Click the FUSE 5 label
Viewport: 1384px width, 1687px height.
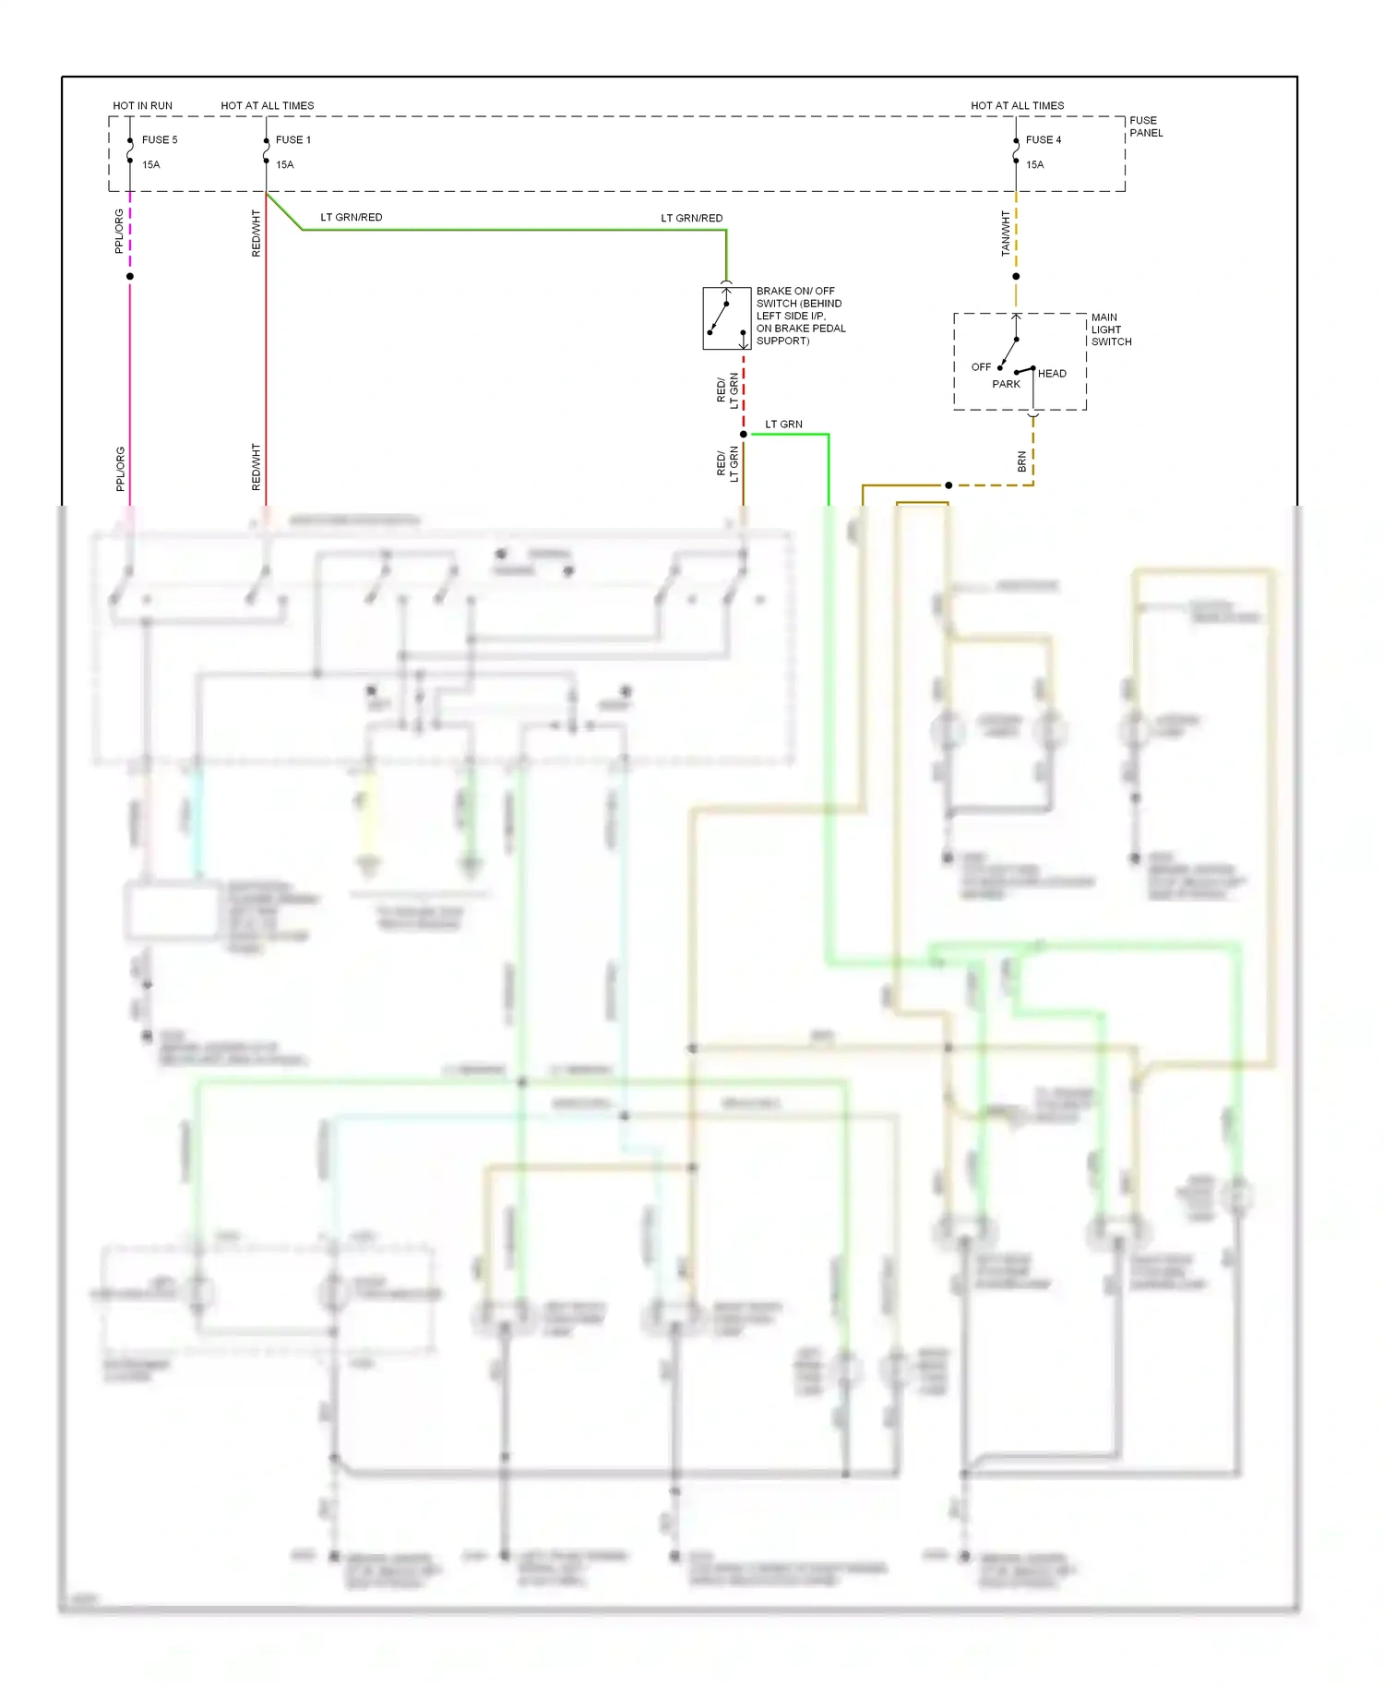click(159, 140)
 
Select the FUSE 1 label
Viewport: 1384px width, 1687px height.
click(292, 140)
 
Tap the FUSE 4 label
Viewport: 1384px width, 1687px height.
click(1043, 140)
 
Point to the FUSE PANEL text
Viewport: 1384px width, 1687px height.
click(1145, 126)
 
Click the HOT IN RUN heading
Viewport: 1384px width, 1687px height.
click(142, 106)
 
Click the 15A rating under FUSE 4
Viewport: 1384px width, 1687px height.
click(1034, 165)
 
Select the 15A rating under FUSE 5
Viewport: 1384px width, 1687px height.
click(150, 165)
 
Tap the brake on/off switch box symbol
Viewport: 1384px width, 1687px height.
click(726, 318)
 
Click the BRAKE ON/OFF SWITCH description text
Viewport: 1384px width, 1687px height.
click(800, 316)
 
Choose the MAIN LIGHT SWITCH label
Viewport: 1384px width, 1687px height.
click(1110, 329)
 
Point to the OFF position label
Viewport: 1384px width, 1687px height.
click(980, 367)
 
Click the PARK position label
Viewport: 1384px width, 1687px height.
click(1006, 384)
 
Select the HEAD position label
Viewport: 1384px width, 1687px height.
click(1052, 374)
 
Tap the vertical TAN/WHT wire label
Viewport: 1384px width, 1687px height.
click(1006, 233)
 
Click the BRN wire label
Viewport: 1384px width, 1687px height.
click(1021, 461)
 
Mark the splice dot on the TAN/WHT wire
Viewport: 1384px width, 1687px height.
click(1016, 276)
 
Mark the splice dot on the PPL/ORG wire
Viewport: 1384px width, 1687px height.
click(130, 276)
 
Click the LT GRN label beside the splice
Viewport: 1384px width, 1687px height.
click(783, 425)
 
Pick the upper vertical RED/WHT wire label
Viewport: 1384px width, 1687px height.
click(256, 233)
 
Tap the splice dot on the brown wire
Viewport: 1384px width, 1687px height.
click(949, 485)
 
